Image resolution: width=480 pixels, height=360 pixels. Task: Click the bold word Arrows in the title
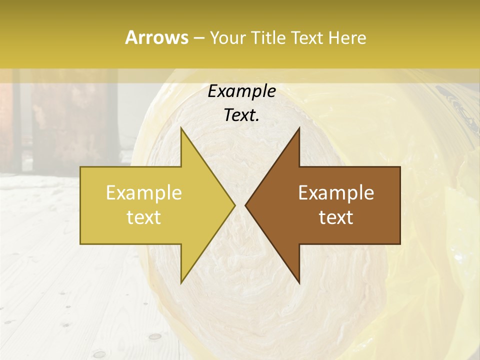pos(156,37)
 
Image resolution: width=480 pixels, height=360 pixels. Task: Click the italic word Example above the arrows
pos(242,91)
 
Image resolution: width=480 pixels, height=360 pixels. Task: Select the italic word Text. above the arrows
pos(242,115)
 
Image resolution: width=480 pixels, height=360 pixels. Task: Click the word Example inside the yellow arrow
pos(144,193)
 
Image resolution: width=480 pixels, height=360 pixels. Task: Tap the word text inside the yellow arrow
pos(144,217)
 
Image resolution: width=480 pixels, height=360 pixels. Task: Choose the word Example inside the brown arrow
pos(336,193)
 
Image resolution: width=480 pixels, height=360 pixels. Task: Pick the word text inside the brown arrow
pos(336,217)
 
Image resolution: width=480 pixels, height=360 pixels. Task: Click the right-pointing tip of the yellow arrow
pos(234,205)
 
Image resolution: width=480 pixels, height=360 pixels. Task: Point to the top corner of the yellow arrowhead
pos(181,128)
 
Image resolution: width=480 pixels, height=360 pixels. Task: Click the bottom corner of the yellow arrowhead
pos(181,282)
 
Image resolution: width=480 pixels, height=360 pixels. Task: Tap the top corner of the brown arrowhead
pos(299,128)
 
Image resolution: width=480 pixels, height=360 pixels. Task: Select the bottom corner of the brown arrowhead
pos(299,282)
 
